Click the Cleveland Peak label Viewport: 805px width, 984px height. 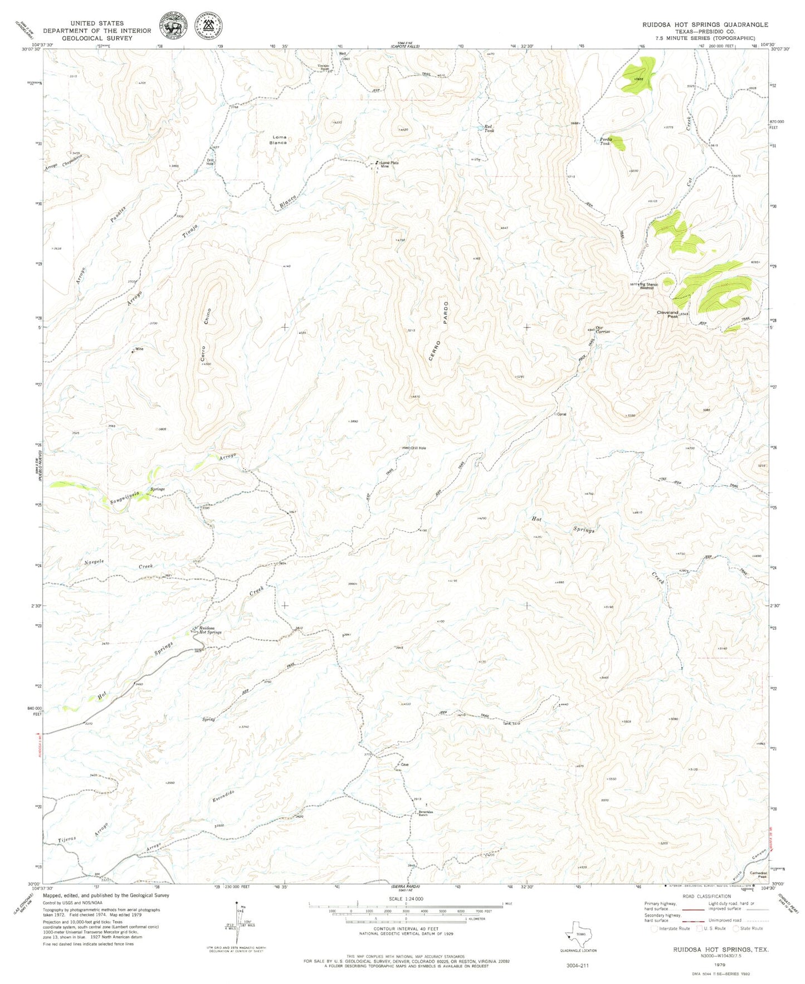click(x=667, y=314)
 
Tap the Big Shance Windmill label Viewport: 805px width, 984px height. click(x=648, y=286)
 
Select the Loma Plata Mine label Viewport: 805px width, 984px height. click(x=389, y=164)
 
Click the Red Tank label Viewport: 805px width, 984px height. click(x=489, y=128)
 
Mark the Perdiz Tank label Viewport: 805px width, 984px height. click(x=606, y=141)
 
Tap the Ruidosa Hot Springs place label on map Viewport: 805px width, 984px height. click(x=210, y=630)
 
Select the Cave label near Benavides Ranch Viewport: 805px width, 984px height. click(x=405, y=764)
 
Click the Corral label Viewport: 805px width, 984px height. click(x=562, y=414)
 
